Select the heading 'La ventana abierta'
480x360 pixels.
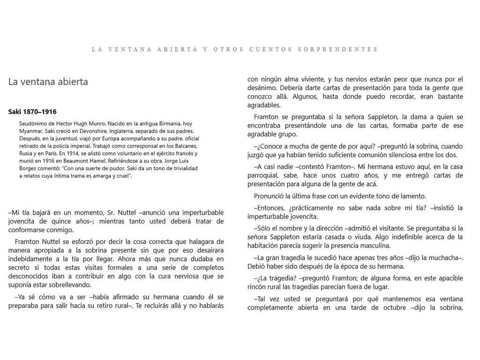[48, 82]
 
